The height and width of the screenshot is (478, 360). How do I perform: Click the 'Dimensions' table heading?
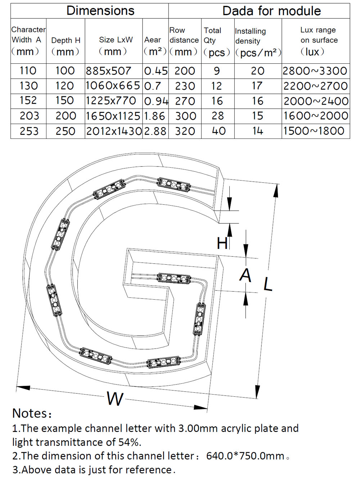click(x=100, y=11)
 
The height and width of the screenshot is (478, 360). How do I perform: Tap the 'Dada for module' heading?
click(x=271, y=11)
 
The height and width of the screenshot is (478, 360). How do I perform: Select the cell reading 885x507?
click(x=108, y=71)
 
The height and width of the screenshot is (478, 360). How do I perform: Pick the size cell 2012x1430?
click(x=114, y=131)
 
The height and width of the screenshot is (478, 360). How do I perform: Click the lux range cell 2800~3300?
click(x=315, y=71)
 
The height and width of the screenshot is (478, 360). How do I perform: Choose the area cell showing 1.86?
click(x=154, y=116)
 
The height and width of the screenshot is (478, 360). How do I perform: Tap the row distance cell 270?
click(x=185, y=101)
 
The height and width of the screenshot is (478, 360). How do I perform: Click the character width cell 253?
click(x=29, y=131)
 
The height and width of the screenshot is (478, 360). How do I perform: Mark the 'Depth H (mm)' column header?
click(x=66, y=46)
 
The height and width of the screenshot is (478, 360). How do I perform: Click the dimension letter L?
click(x=267, y=284)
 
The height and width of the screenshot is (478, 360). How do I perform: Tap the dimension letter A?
click(x=246, y=276)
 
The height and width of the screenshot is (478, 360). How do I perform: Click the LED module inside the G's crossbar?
click(x=174, y=278)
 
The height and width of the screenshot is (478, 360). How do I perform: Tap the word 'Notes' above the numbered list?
click(x=30, y=413)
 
